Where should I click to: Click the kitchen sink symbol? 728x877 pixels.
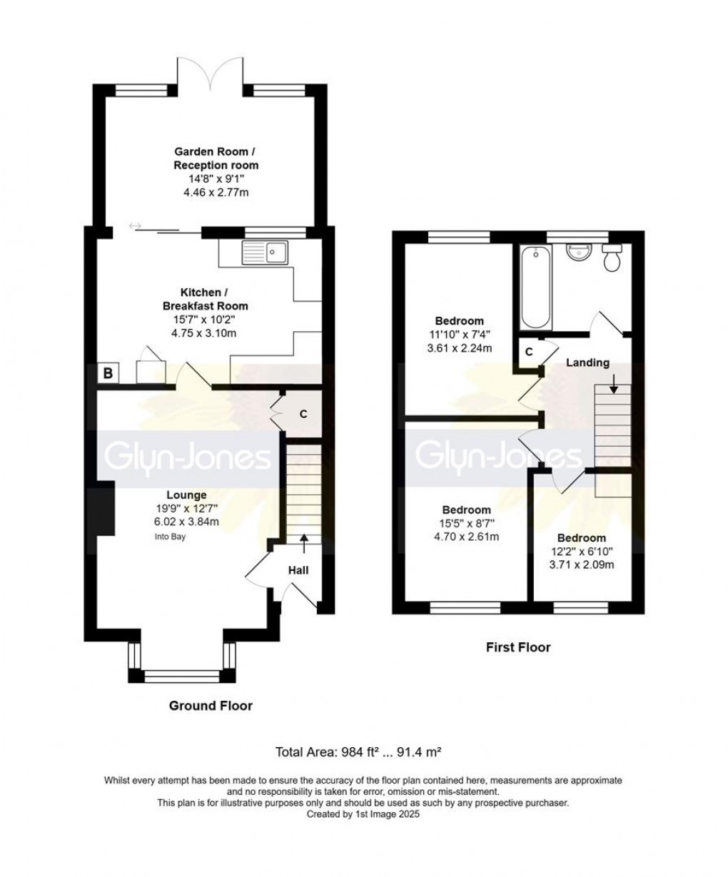click(264, 251)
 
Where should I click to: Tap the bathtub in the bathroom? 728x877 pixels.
click(535, 286)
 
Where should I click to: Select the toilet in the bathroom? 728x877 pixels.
click(612, 258)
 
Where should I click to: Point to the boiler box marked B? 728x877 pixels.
click(108, 372)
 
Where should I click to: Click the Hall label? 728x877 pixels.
click(298, 570)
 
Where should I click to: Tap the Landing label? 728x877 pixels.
click(587, 363)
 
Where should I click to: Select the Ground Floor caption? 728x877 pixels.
click(211, 706)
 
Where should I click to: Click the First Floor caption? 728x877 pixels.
click(518, 647)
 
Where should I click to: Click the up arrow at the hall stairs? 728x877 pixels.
click(304, 543)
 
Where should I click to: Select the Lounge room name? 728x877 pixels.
click(186, 495)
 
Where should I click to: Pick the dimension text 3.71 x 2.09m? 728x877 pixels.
click(582, 564)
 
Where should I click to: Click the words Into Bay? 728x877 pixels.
click(170, 537)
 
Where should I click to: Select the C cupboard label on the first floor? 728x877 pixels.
click(529, 352)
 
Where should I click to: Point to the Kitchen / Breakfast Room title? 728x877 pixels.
click(203, 300)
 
